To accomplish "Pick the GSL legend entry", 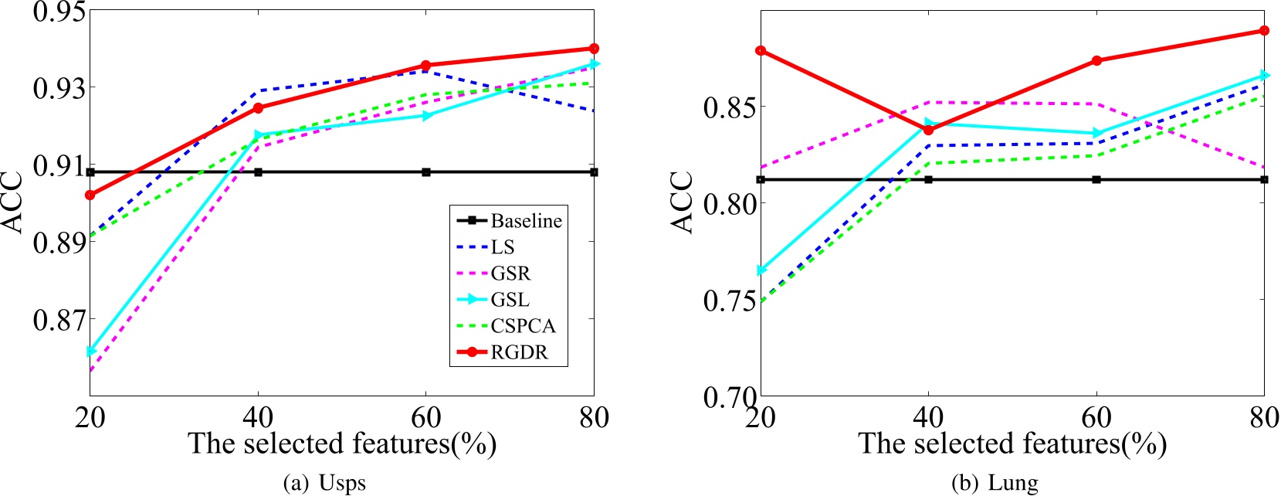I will pyautogui.click(x=510, y=300).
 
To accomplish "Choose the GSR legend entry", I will pyautogui.click(x=510, y=273).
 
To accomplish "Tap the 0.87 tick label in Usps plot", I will pyautogui.click(x=58, y=318).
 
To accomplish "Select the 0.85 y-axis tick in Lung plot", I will pyautogui.click(x=729, y=107).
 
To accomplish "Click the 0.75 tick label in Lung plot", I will pyautogui.click(x=729, y=300).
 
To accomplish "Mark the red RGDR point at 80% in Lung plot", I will pyautogui.click(x=1264, y=31).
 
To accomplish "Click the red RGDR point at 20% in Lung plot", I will pyautogui.click(x=761, y=51).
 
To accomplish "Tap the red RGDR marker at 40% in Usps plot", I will pyautogui.click(x=258, y=108).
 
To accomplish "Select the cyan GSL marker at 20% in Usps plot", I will pyautogui.click(x=91, y=352).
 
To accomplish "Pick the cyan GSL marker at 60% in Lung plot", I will pyautogui.click(x=1096, y=134).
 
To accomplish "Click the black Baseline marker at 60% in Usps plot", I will pyautogui.click(x=426, y=172).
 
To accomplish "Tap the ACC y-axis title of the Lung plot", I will pyautogui.click(x=682, y=202).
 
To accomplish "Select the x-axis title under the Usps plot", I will pyautogui.click(x=342, y=443).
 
